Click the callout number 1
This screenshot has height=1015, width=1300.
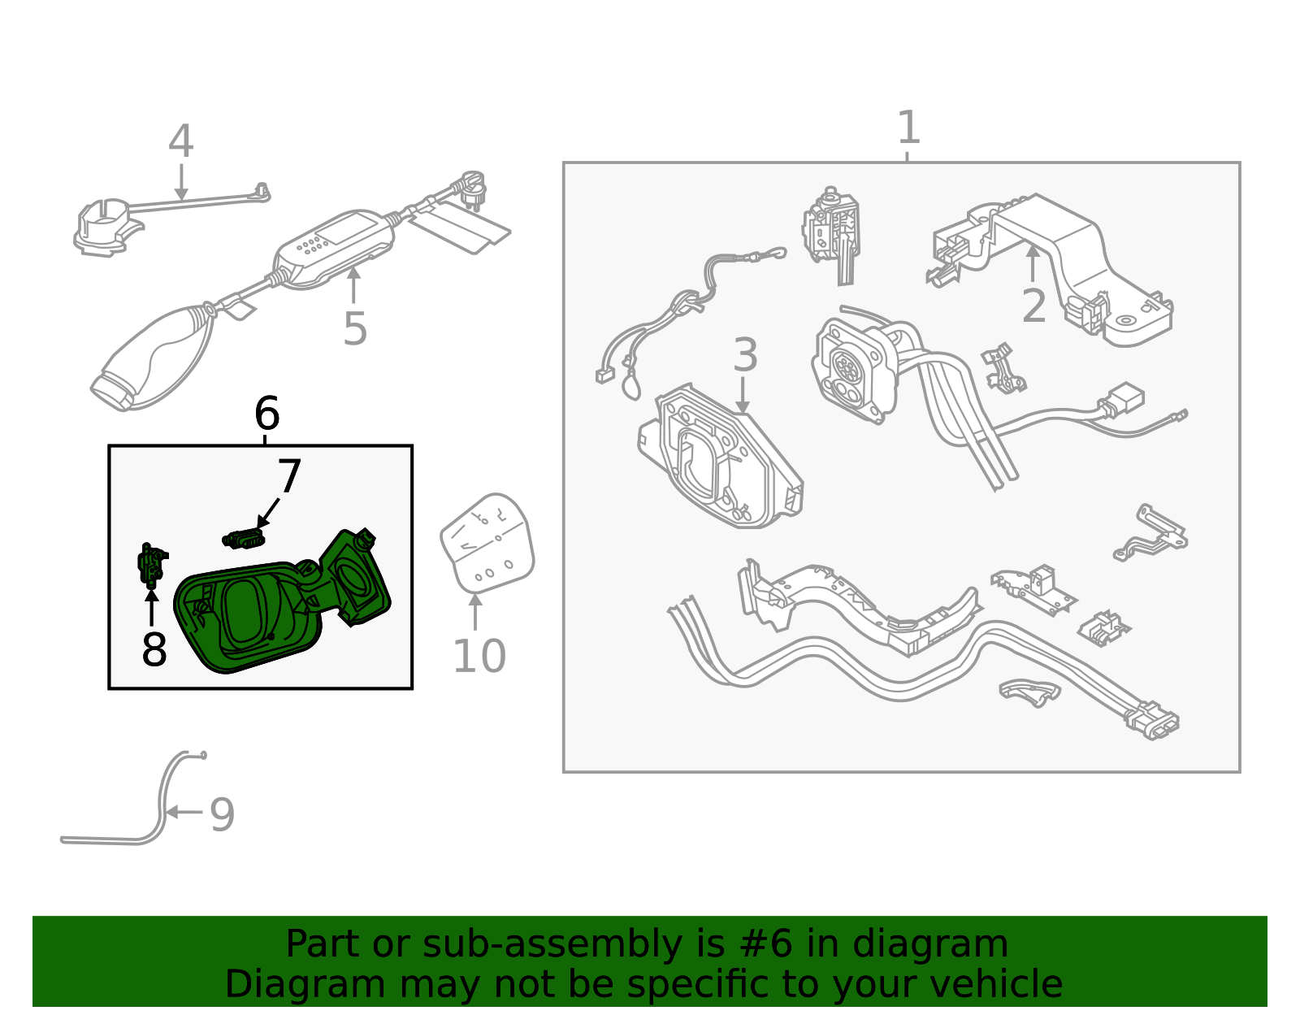coord(908,128)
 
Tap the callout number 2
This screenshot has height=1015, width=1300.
coord(1033,306)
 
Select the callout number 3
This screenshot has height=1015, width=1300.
coord(745,356)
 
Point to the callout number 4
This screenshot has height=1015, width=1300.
coord(180,142)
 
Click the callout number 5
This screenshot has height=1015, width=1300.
coord(355,329)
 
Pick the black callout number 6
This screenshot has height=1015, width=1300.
coord(266,414)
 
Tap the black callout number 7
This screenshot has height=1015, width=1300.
coord(288,477)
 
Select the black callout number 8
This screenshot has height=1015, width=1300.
coord(154,649)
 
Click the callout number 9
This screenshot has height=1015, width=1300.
coord(222,815)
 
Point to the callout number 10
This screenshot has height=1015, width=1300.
coord(479,657)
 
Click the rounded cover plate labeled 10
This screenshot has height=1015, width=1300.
coord(487,543)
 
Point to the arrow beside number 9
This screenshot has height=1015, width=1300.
coord(184,812)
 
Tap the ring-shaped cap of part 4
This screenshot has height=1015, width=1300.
coord(104,226)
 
